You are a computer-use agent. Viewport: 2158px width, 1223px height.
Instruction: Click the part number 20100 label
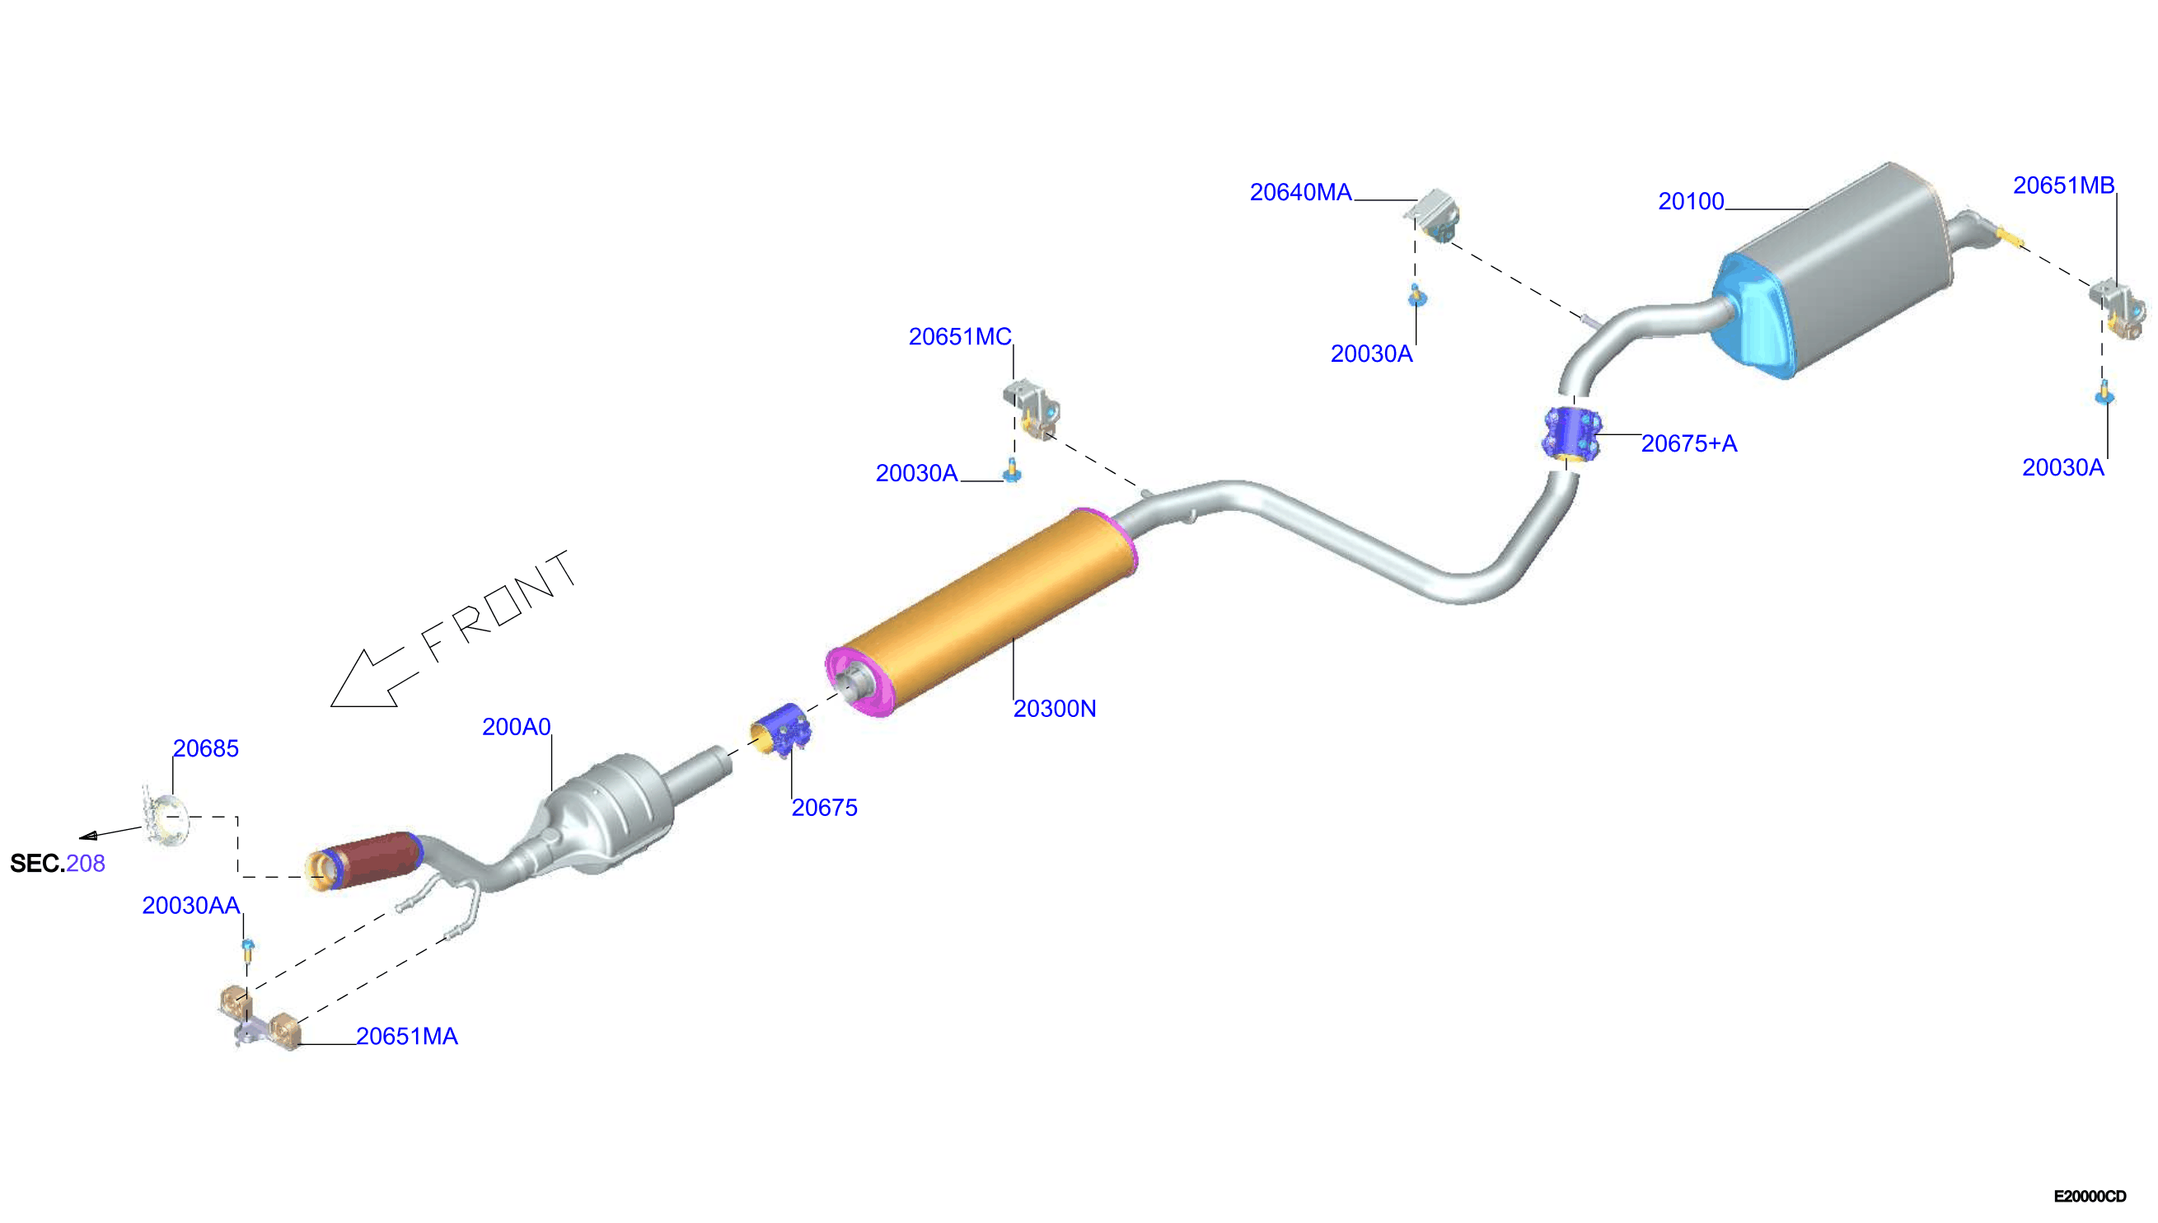click(x=1690, y=202)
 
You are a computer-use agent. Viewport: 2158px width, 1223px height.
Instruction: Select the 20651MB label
click(x=2063, y=185)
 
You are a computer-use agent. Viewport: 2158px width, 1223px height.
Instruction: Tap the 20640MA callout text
click(x=1301, y=192)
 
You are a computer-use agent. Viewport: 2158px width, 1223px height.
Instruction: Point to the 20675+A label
click(x=1688, y=443)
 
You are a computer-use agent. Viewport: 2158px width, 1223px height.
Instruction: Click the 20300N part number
click(x=1055, y=709)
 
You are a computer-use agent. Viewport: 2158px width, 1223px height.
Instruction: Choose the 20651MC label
click(x=960, y=337)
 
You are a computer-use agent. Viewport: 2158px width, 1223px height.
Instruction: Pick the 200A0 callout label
click(x=517, y=727)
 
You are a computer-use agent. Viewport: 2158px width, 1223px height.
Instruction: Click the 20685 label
click(x=206, y=748)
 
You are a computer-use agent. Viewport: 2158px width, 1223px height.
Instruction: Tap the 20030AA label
click(x=191, y=906)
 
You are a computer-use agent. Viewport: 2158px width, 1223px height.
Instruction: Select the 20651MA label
click(x=407, y=1037)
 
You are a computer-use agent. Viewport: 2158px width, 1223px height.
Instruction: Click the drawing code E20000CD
click(x=2090, y=1196)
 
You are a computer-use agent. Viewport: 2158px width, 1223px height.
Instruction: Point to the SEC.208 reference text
click(x=57, y=864)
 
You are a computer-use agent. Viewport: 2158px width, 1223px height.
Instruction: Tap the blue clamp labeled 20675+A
click(x=1571, y=434)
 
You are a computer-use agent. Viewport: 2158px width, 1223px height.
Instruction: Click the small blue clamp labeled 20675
click(x=781, y=731)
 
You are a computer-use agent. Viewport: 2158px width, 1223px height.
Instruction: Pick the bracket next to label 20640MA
click(x=1434, y=215)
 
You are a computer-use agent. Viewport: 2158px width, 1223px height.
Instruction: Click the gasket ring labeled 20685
click(x=166, y=817)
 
